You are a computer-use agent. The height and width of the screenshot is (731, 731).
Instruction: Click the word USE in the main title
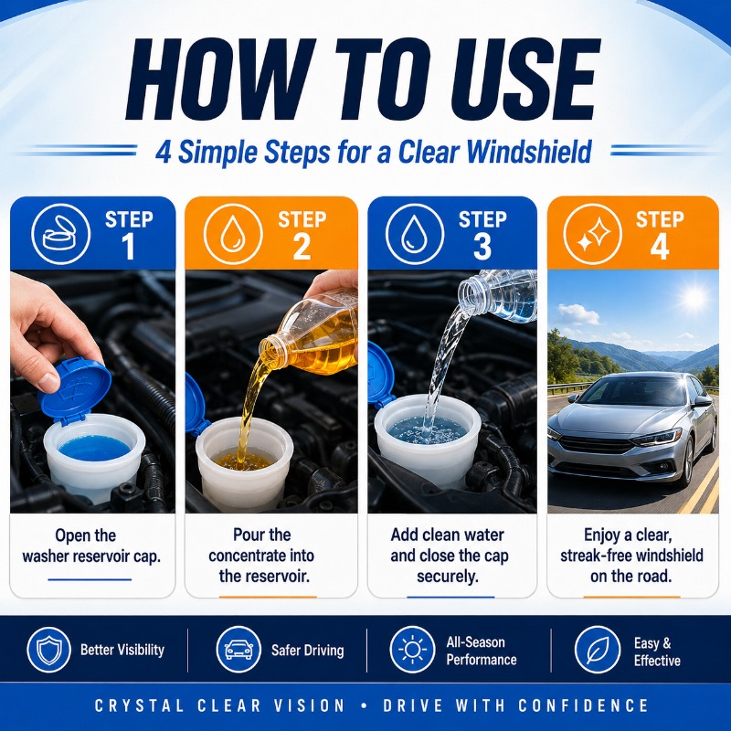(507, 79)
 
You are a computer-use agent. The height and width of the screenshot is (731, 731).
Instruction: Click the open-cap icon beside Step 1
(60, 234)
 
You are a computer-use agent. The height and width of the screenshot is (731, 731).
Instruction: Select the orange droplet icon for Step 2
(233, 234)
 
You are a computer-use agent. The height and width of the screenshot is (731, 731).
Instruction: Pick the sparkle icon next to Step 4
(593, 234)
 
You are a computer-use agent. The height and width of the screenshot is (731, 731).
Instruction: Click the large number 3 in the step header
(482, 247)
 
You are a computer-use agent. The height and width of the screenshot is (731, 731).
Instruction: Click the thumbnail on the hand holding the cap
(49, 381)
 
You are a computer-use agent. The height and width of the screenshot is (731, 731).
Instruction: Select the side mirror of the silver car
(701, 402)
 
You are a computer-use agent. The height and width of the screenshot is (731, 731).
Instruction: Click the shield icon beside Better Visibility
(49, 650)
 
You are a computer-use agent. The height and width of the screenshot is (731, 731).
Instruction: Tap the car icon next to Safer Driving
(238, 650)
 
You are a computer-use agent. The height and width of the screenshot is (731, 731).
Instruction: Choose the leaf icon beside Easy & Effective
(598, 650)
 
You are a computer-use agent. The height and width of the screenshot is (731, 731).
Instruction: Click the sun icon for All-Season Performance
(413, 650)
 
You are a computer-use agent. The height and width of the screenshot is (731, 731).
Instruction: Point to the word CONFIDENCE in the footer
(583, 705)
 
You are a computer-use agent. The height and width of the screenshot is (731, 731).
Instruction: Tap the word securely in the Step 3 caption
(448, 577)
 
